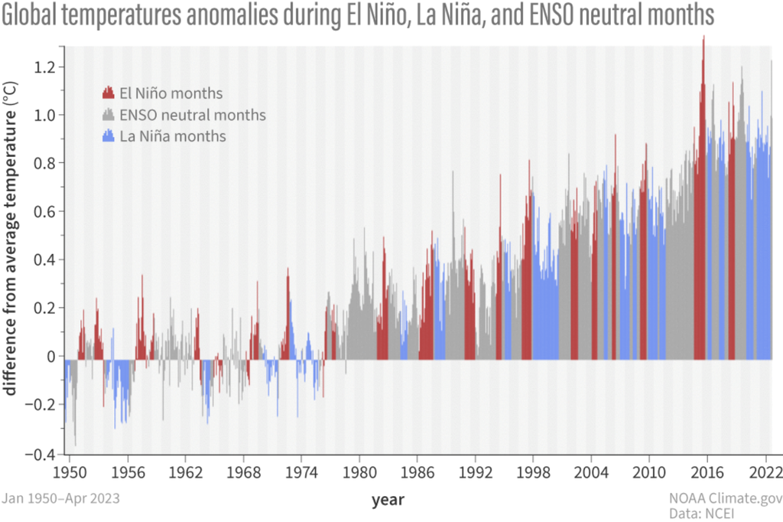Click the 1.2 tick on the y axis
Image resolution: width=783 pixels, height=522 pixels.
[46, 67]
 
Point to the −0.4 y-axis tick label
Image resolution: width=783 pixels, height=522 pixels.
[42, 454]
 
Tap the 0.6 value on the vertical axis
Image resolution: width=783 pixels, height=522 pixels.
[46, 212]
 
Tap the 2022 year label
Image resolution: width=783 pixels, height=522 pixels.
[766, 471]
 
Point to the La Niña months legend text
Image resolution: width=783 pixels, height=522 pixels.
[172, 136]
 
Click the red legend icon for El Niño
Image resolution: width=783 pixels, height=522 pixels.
[108, 92]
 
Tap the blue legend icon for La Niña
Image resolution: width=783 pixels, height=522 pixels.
[108, 135]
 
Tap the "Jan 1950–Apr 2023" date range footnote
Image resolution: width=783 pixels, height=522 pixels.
[60, 498]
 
